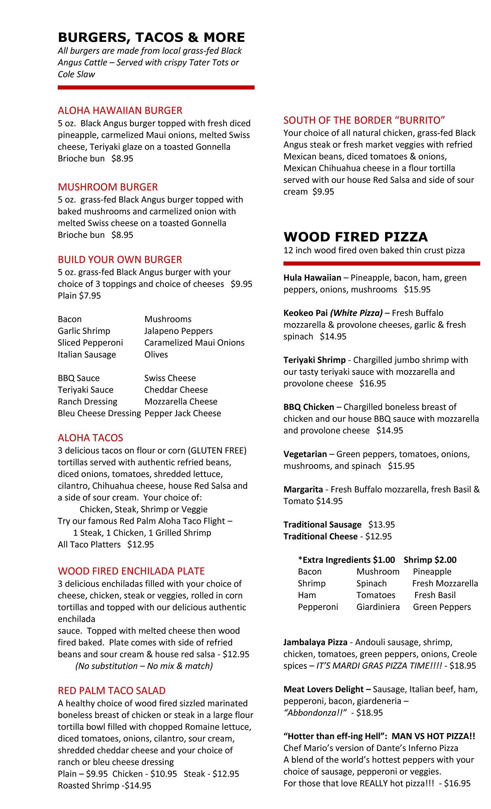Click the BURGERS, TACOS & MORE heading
pyautogui.click(x=151, y=38)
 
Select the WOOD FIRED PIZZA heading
pyautogui.click(x=356, y=237)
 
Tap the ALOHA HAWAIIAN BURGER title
pyautogui.click(x=120, y=110)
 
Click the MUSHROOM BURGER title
pyautogui.click(x=108, y=187)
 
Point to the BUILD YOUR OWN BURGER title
pyautogui.click(x=120, y=260)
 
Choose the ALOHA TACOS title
pyautogui.click(x=90, y=438)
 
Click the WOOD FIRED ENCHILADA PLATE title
pyautogui.click(x=131, y=571)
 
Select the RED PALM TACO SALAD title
pyautogui.click(x=112, y=690)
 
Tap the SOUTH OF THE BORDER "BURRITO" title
pyautogui.click(x=364, y=120)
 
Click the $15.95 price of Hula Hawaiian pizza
pyautogui.click(x=417, y=290)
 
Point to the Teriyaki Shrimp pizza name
pyautogui.click(x=314, y=360)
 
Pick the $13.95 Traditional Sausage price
pyautogui.click(x=382, y=525)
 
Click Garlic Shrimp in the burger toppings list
pyautogui.click(x=84, y=331)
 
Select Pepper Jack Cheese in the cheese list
pyautogui.click(x=182, y=413)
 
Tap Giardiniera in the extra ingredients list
pyautogui.click(x=378, y=607)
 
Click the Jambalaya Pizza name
pyautogui.click(x=315, y=642)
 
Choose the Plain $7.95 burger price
pyautogui.click(x=79, y=295)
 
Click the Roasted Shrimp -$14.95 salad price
pyautogui.click(x=104, y=785)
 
